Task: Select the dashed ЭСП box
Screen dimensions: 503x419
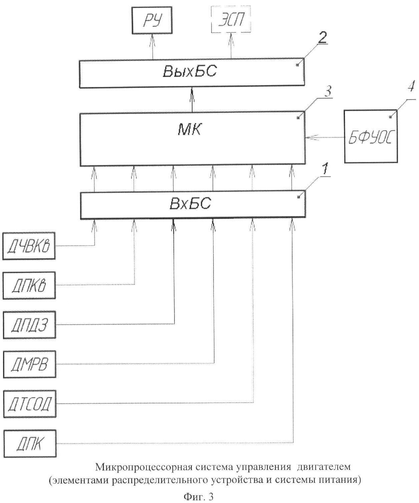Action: (x=231, y=21)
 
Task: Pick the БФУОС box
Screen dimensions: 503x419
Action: (x=371, y=137)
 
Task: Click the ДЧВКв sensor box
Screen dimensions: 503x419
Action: (x=29, y=247)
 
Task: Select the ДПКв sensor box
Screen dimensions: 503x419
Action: (x=29, y=286)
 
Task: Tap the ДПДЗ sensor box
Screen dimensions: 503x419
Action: (x=29, y=325)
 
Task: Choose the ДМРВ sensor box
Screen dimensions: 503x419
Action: (x=29, y=364)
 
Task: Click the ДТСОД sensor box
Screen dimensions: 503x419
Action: (x=30, y=404)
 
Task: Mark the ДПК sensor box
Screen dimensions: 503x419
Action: (x=30, y=444)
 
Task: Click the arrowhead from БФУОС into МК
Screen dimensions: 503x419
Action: (x=309, y=137)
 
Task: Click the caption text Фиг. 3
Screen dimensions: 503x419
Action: (x=198, y=497)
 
